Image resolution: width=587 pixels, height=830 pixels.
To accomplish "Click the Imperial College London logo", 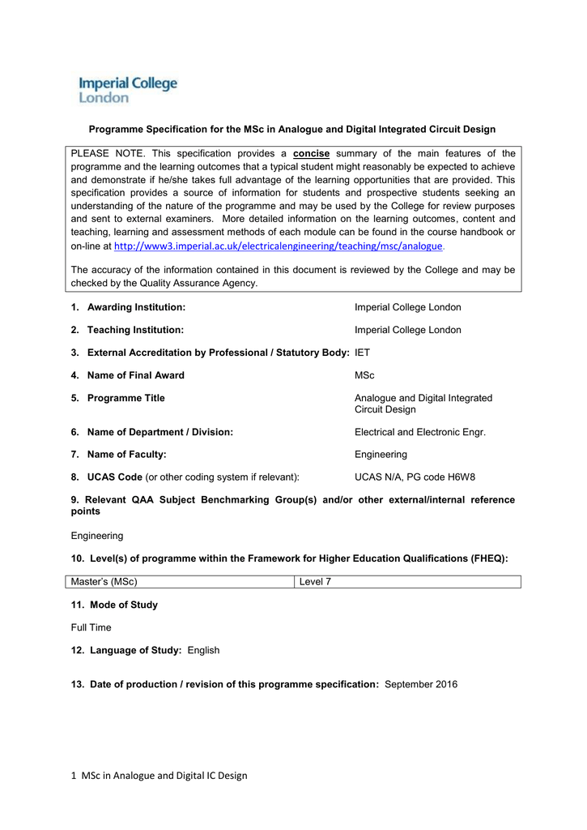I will [127, 89].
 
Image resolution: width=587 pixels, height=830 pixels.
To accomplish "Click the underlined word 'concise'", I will [311, 153].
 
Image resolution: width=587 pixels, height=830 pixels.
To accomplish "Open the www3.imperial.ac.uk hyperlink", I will [279, 246].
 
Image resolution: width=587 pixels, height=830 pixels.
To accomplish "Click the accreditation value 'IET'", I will [362, 353].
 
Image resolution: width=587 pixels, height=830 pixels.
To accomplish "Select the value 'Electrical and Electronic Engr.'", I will [419, 432].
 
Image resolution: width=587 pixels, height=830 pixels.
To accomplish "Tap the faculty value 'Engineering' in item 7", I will [381, 455].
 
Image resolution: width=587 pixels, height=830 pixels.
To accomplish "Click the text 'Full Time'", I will [91, 627].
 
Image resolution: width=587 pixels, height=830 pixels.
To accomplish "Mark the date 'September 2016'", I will [421, 684].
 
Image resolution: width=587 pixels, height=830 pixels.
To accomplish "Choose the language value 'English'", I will [203, 650].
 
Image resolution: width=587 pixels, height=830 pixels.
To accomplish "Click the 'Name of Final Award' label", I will [135, 375].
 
